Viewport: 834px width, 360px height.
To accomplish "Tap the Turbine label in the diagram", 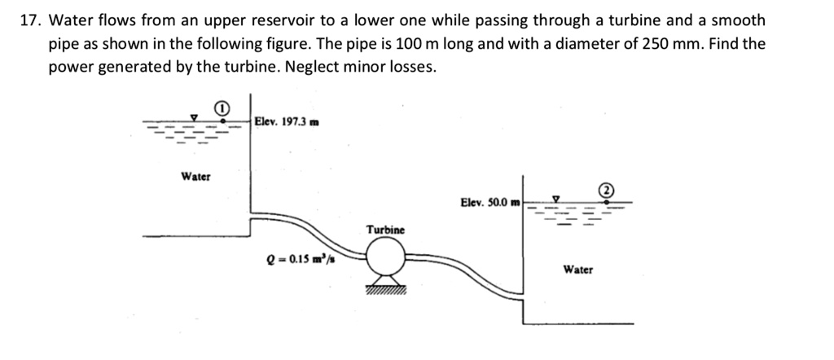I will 385,230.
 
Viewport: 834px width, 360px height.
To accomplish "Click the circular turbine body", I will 385,261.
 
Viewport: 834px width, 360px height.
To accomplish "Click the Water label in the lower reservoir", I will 577,269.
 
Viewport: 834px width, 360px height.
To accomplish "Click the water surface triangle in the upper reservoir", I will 194,118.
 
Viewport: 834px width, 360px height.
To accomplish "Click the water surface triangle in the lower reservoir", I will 557,198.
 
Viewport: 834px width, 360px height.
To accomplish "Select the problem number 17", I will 30,20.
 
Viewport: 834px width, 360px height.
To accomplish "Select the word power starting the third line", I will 70,67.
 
